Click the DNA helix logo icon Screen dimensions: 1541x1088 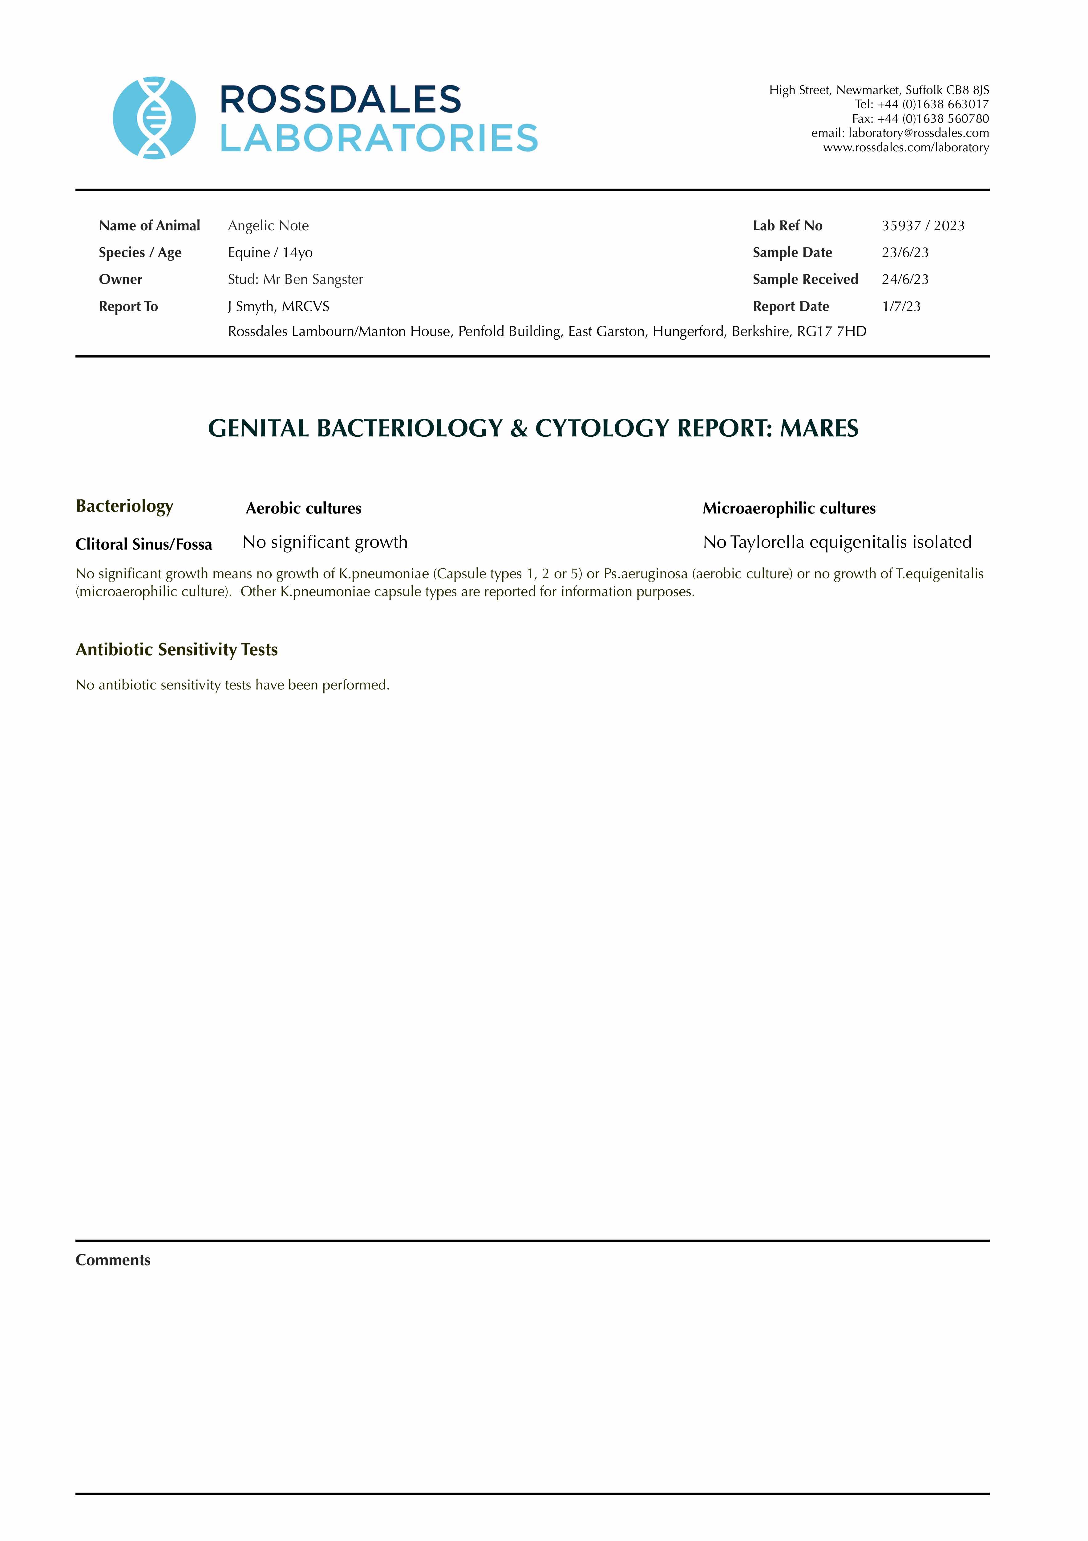click(154, 118)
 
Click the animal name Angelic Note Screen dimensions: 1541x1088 click(268, 226)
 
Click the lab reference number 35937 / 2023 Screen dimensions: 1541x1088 click(923, 226)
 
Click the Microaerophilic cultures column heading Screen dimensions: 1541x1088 click(789, 509)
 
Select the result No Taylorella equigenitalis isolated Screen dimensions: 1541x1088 click(837, 542)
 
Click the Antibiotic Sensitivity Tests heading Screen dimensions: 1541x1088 click(176, 650)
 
